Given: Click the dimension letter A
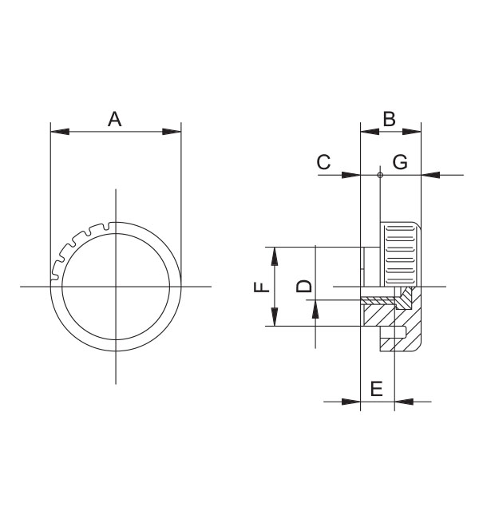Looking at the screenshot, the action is tap(114, 119).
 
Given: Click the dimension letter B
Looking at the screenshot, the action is tap(390, 119).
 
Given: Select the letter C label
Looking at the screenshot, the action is tap(324, 162).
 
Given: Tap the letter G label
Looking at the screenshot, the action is tap(400, 162).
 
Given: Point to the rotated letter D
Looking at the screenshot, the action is tap(304, 287).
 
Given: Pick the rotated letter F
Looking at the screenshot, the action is tap(262, 287).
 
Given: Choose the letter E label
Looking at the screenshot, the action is tap(377, 389).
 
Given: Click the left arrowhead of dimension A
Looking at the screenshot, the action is tap(60, 132).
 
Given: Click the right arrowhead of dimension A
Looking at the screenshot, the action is tap(172, 132).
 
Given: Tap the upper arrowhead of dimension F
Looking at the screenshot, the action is tap(275, 256).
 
